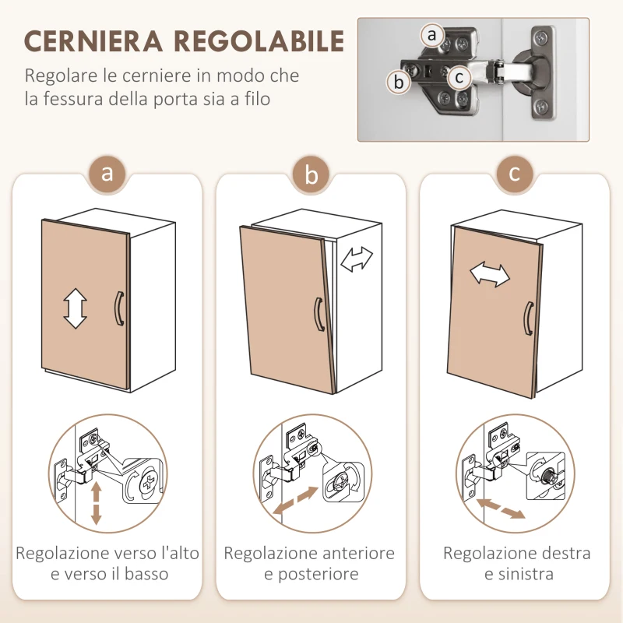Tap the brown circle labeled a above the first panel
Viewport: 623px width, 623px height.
point(107,173)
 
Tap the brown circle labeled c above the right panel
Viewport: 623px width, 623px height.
point(515,173)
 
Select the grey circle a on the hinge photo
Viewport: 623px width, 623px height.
point(432,35)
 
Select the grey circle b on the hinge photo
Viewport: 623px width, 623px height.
point(399,81)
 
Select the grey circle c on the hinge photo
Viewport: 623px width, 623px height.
point(459,76)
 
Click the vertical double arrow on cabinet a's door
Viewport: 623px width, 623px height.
point(75,308)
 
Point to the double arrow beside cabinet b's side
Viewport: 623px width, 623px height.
point(357,259)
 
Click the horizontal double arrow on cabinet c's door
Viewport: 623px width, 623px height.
point(489,274)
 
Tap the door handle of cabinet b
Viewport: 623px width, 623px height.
point(319,315)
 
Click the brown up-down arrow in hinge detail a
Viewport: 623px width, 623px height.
point(97,502)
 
